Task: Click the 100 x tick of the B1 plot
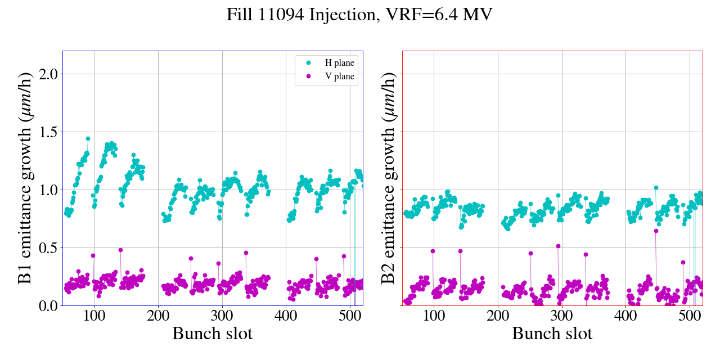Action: click(x=94, y=316)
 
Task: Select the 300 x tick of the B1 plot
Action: click(x=222, y=316)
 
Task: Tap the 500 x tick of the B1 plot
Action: click(x=350, y=316)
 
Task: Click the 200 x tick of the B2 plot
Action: click(x=498, y=316)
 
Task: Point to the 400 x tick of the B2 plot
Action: click(x=625, y=316)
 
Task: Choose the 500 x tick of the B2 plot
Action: click(x=690, y=316)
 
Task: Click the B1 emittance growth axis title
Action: click(x=25, y=178)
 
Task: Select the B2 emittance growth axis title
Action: click(x=388, y=178)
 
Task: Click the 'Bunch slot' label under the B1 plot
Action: click(x=212, y=334)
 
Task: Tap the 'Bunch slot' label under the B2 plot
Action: click(x=552, y=334)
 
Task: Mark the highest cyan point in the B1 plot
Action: click(x=88, y=138)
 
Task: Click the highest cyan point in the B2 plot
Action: click(x=656, y=187)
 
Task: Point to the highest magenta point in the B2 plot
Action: click(x=558, y=246)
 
